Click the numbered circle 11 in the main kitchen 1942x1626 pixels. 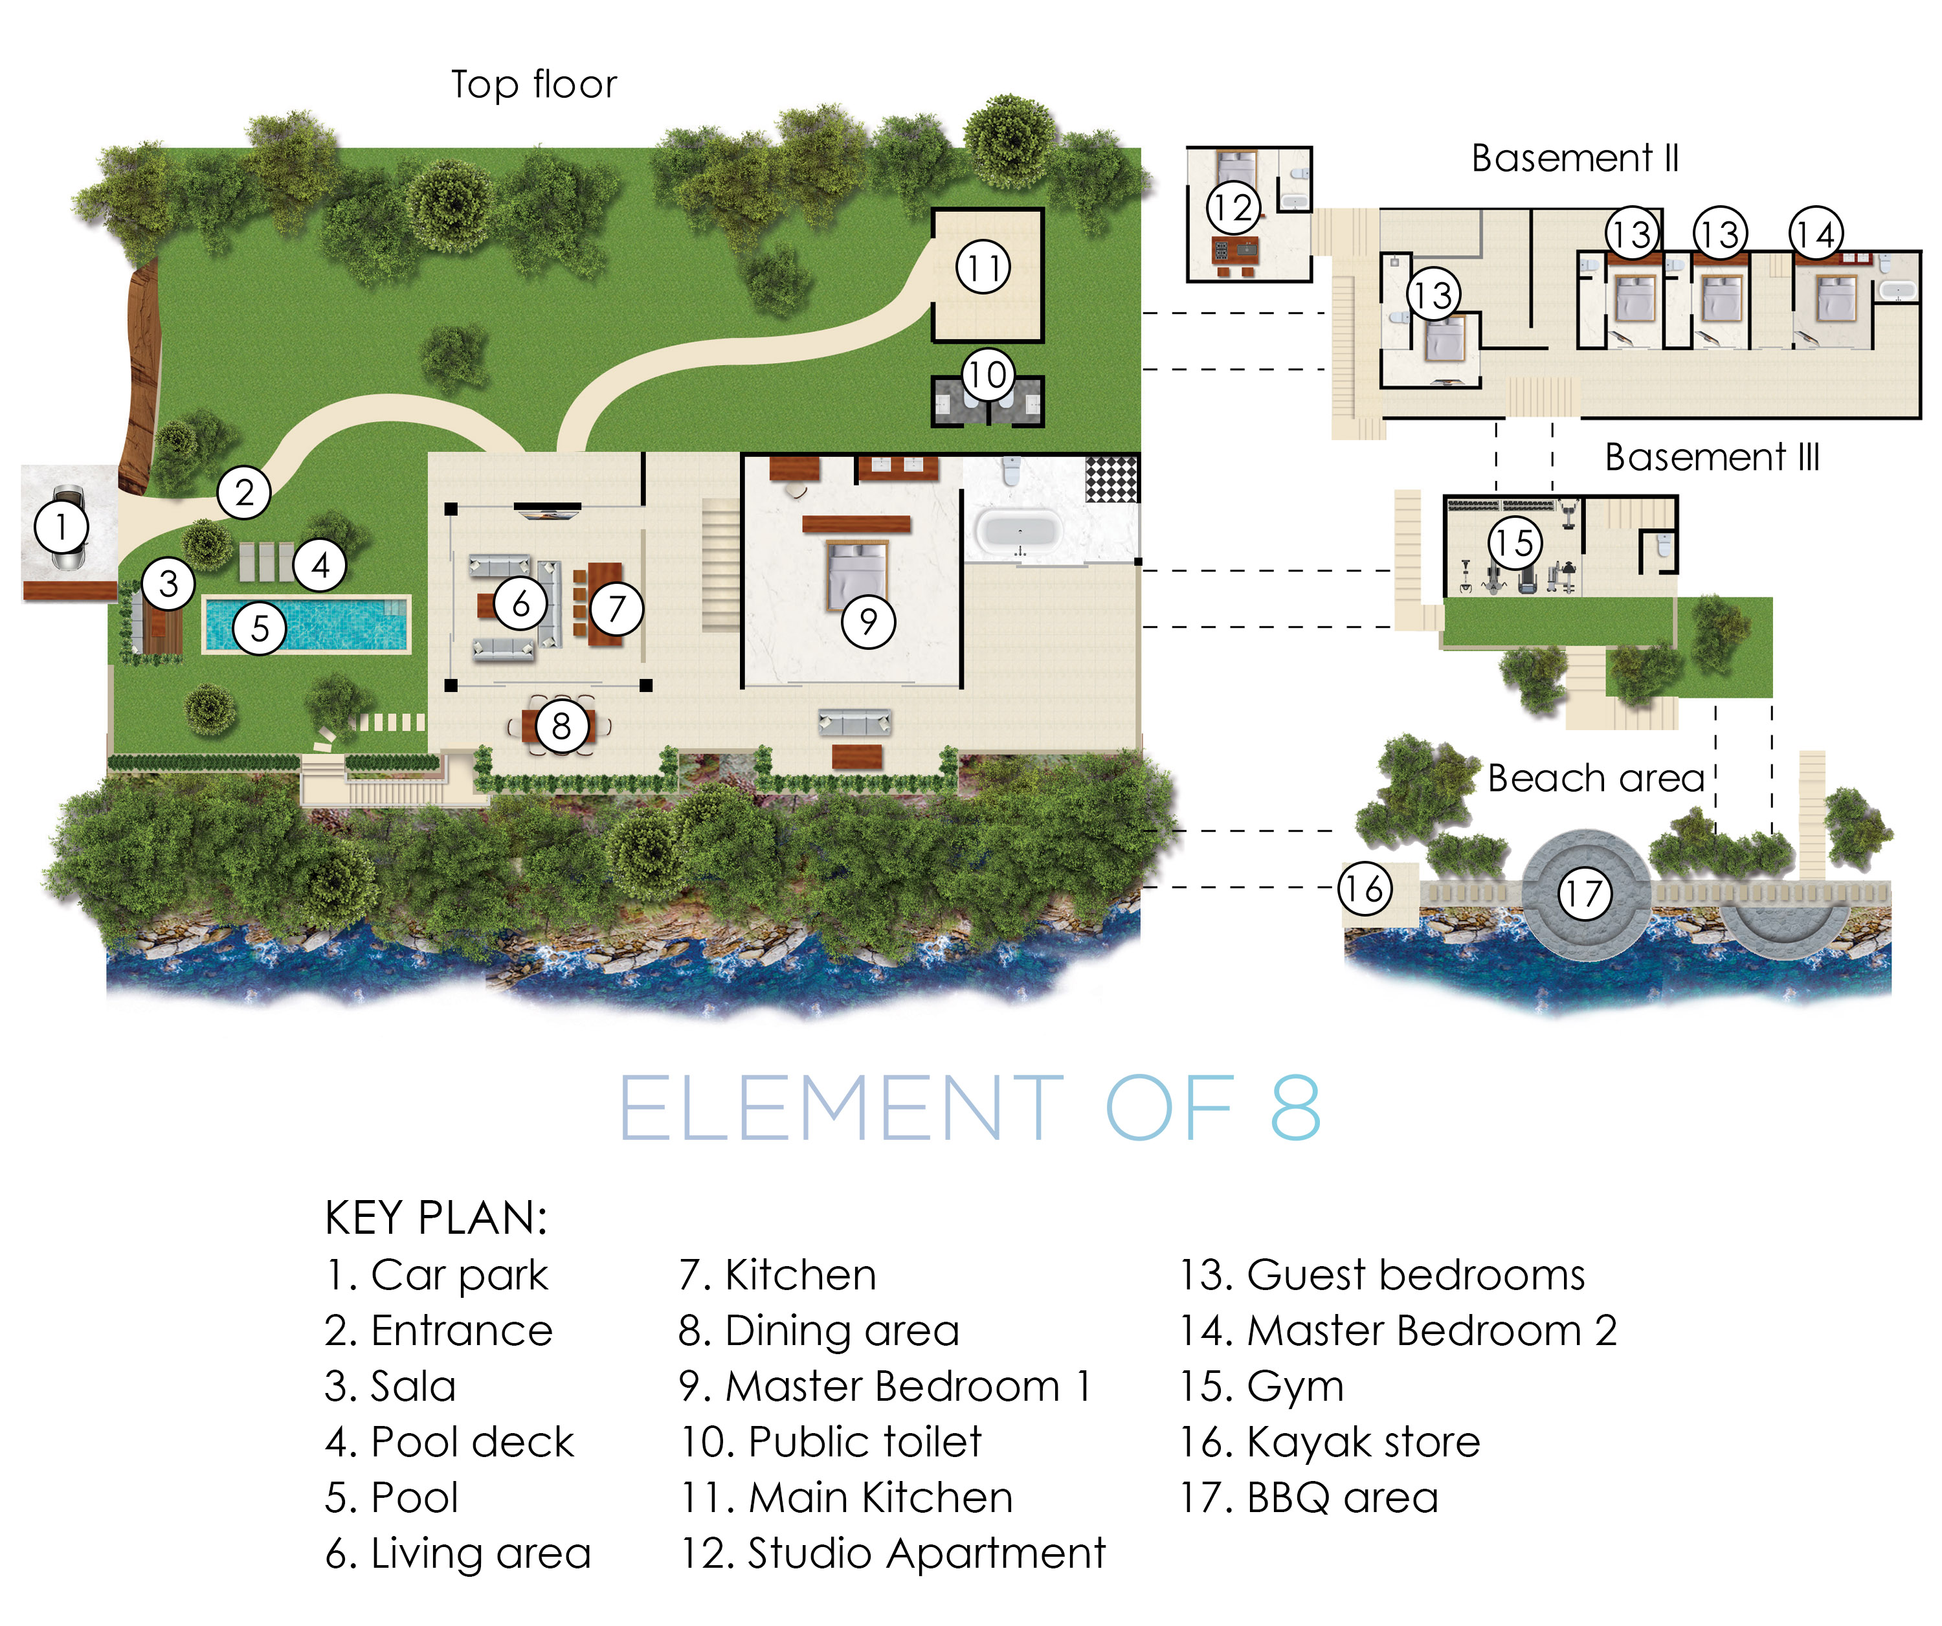(x=982, y=268)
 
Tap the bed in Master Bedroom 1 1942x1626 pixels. (x=856, y=574)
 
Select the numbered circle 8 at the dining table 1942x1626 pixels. (x=561, y=726)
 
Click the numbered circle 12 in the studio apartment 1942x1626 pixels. (x=1233, y=208)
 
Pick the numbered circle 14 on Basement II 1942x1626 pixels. (x=1815, y=234)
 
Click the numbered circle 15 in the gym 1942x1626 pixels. (x=1515, y=542)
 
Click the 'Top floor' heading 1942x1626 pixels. (x=533, y=84)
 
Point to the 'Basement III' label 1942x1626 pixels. (x=1712, y=457)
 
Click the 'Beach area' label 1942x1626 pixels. (x=1595, y=778)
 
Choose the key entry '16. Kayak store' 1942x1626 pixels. (x=1330, y=1442)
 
